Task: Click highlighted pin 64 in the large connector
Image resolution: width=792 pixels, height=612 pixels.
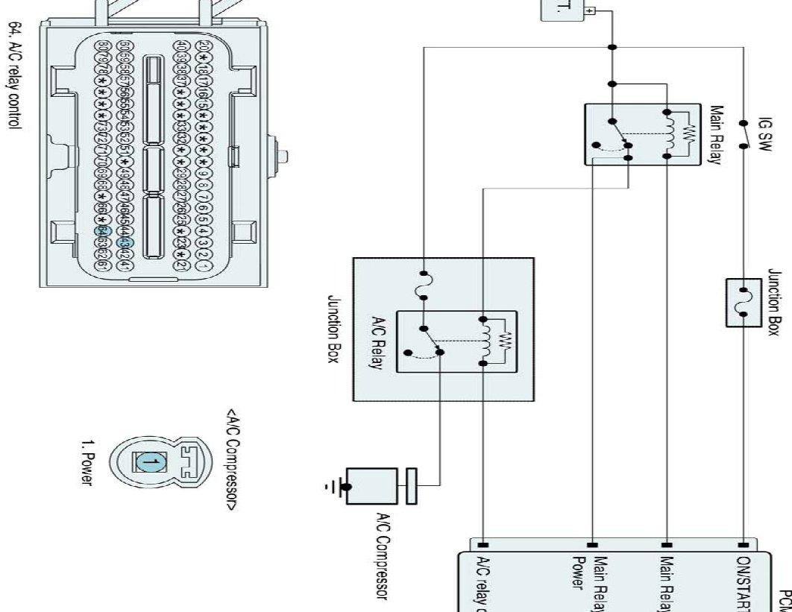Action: pyautogui.click(x=103, y=232)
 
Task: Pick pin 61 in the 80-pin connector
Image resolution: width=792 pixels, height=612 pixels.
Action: pyautogui.click(x=103, y=265)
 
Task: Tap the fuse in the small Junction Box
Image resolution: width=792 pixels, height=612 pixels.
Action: pyautogui.click(x=743, y=302)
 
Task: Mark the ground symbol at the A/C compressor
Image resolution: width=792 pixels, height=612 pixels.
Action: pyautogui.click(x=336, y=488)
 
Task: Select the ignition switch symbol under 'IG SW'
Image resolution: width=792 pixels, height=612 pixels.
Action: pyautogui.click(x=743, y=135)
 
